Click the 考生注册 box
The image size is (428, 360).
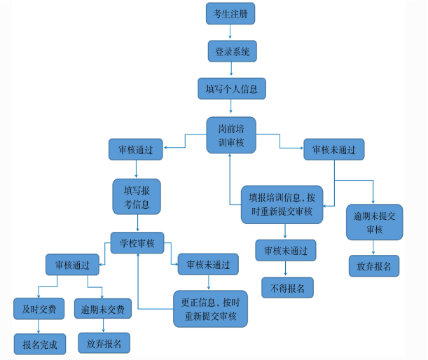pos(230,13)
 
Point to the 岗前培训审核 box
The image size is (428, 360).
pos(231,135)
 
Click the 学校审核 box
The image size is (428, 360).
pos(137,243)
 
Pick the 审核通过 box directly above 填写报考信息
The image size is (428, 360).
pos(136,149)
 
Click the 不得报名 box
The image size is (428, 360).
pos(287,287)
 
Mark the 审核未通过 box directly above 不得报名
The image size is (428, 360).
pos(286,250)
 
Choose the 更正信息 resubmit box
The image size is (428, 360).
pos(210,309)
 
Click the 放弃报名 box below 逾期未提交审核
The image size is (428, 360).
pos(374,266)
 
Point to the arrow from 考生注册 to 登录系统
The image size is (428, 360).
pos(231,32)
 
